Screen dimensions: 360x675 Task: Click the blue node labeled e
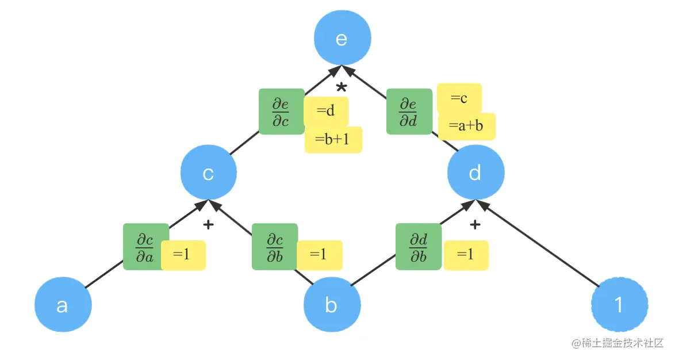point(342,39)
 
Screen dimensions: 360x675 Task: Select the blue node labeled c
point(209,173)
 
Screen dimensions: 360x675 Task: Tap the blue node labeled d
point(475,173)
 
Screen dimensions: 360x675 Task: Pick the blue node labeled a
point(63,305)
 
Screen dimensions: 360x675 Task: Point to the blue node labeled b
point(332,305)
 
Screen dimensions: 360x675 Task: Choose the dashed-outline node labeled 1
point(619,304)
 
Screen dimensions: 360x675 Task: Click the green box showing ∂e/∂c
point(281,112)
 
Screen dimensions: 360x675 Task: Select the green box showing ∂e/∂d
point(409,112)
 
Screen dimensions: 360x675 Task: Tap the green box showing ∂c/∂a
point(145,247)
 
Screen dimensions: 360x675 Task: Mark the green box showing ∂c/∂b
point(275,247)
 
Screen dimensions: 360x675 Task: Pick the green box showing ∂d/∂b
point(419,247)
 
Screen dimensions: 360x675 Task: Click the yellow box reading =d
point(326,111)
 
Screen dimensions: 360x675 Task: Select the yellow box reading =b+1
point(333,140)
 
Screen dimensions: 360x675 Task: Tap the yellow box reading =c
point(459,98)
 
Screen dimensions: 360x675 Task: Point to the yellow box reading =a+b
point(467,126)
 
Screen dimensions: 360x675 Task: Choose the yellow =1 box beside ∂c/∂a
point(183,255)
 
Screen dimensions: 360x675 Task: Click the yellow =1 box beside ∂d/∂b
point(466,255)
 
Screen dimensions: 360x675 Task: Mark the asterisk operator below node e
point(342,88)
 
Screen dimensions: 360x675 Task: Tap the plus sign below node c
point(209,225)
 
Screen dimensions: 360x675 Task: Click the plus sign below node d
point(475,225)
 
